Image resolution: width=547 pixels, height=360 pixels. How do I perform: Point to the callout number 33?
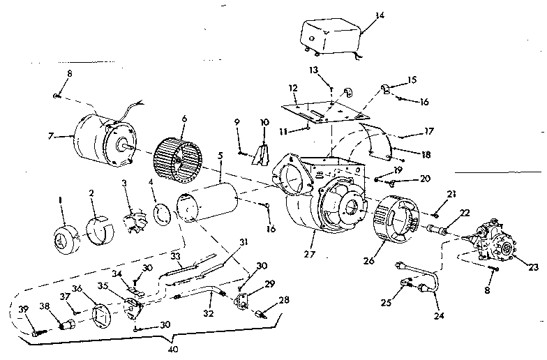point(176,257)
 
